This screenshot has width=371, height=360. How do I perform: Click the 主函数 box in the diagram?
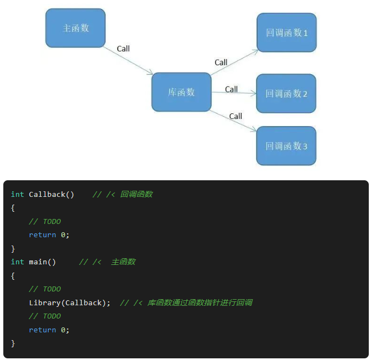75,28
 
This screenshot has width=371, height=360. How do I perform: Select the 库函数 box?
181,92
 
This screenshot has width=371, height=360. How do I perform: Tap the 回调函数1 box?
286,33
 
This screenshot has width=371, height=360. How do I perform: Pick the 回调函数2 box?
286,93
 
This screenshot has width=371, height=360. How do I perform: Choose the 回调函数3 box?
286,146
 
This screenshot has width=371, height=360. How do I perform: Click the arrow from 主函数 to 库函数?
128,60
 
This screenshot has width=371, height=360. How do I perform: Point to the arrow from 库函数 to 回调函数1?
234,62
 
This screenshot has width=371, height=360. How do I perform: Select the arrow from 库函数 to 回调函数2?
233,93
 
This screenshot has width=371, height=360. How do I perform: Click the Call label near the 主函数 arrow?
123,49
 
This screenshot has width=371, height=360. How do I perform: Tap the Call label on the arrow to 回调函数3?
236,116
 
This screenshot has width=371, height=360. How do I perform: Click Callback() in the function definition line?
51,195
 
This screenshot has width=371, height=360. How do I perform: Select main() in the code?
43,262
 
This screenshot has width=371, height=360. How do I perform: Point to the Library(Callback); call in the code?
70,303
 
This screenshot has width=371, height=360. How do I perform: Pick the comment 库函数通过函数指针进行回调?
200,303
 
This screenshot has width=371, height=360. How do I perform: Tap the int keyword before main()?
17,262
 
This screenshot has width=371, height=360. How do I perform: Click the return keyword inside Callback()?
43,235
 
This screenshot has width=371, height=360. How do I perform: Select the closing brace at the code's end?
13,343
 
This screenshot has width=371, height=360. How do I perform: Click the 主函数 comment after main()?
123,262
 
